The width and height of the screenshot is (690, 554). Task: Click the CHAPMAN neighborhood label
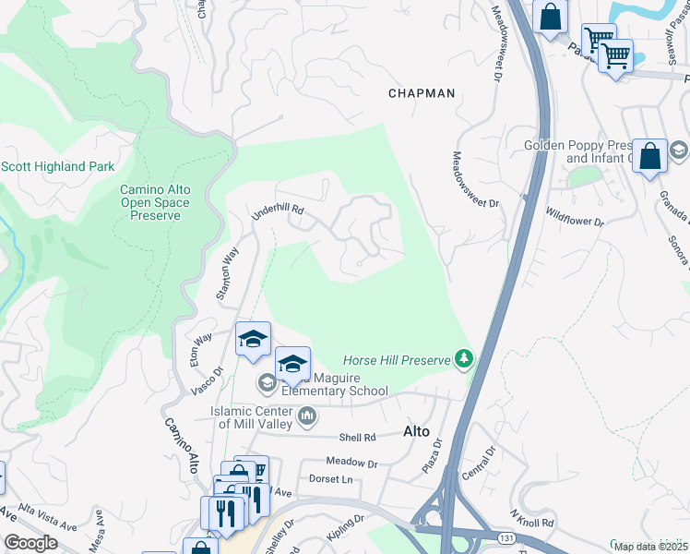422,93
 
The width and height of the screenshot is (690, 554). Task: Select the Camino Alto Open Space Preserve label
155,202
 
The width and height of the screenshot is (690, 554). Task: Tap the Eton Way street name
200,350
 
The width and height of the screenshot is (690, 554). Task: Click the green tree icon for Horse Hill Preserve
466,359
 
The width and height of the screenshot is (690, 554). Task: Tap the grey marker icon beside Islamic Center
307,416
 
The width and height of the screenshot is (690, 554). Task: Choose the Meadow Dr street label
352,461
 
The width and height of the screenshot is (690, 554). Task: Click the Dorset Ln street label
330,479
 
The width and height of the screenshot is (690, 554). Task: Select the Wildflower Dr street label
574,222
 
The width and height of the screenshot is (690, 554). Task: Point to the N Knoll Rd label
530,516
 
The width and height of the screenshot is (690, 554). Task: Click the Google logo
30,543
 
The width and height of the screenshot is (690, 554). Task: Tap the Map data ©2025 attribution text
650,547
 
